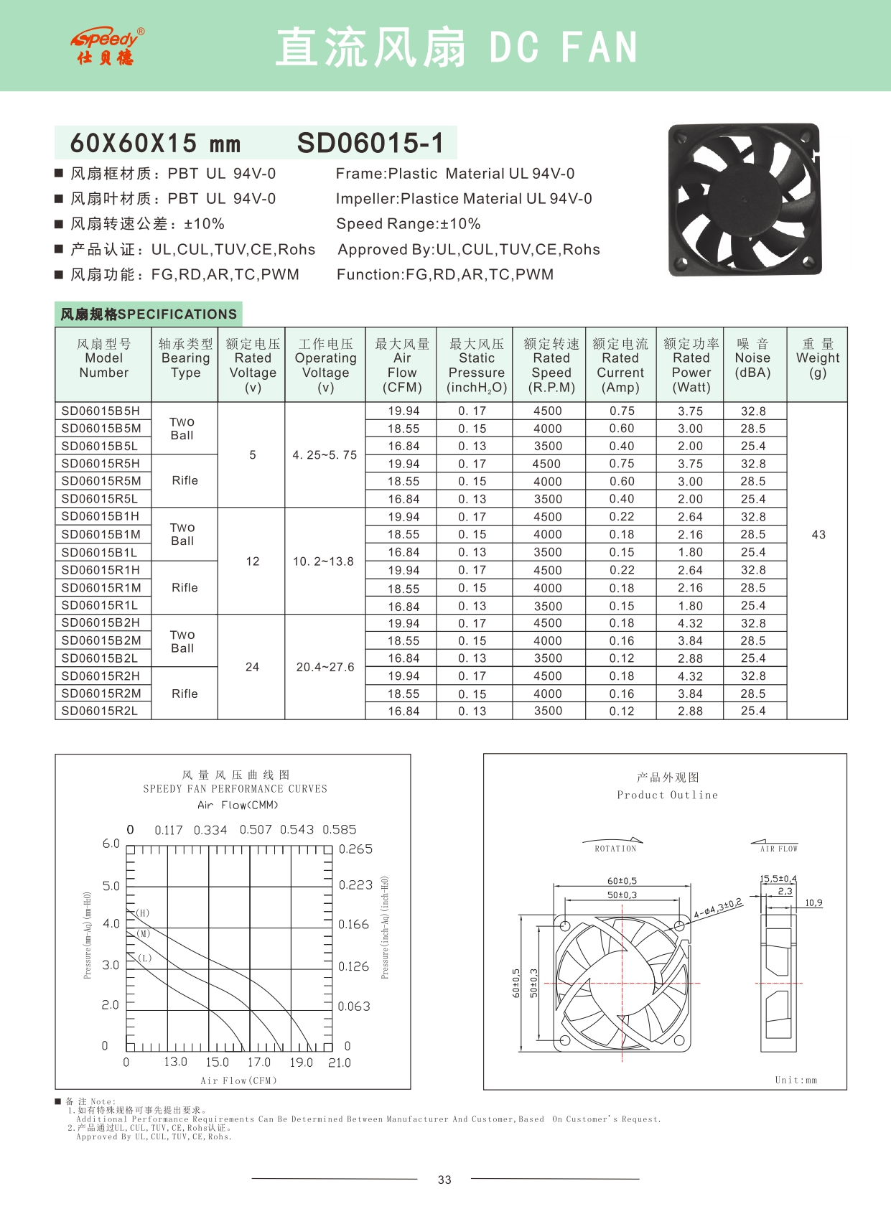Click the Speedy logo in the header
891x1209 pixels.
click(x=107, y=47)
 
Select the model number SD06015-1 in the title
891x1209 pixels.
click(x=370, y=143)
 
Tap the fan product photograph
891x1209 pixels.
click(x=745, y=200)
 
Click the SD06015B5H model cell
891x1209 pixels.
click(x=101, y=411)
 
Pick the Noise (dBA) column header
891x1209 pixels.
click(x=752, y=358)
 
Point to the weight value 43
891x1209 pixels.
click(x=818, y=535)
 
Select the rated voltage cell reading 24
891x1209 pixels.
click(x=252, y=667)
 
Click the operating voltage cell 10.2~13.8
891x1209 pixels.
click(x=323, y=561)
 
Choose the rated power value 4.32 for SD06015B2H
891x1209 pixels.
click(x=691, y=623)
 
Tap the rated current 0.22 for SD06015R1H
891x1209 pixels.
click(x=622, y=570)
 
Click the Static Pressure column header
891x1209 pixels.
click(x=477, y=365)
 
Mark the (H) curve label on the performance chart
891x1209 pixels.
click(x=143, y=913)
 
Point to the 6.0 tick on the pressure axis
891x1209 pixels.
click(x=111, y=844)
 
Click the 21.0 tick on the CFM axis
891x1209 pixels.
click(x=340, y=1063)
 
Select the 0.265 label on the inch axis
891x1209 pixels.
click(x=355, y=849)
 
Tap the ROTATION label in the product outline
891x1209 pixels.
click(x=615, y=849)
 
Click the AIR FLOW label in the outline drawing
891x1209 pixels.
click(x=779, y=849)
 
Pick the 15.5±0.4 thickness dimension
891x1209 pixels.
click(x=778, y=879)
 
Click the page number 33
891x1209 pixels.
click(x=444, y=1180)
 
